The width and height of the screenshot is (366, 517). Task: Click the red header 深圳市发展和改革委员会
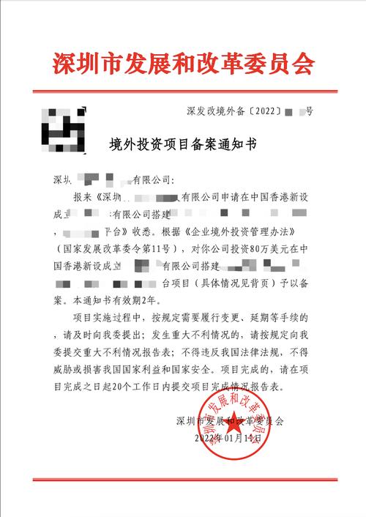183,64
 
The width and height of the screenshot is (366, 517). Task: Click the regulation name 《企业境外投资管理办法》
225,231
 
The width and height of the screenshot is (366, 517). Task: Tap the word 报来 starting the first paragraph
84,197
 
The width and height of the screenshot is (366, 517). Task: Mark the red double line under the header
183,92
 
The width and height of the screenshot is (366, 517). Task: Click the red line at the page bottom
183,479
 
